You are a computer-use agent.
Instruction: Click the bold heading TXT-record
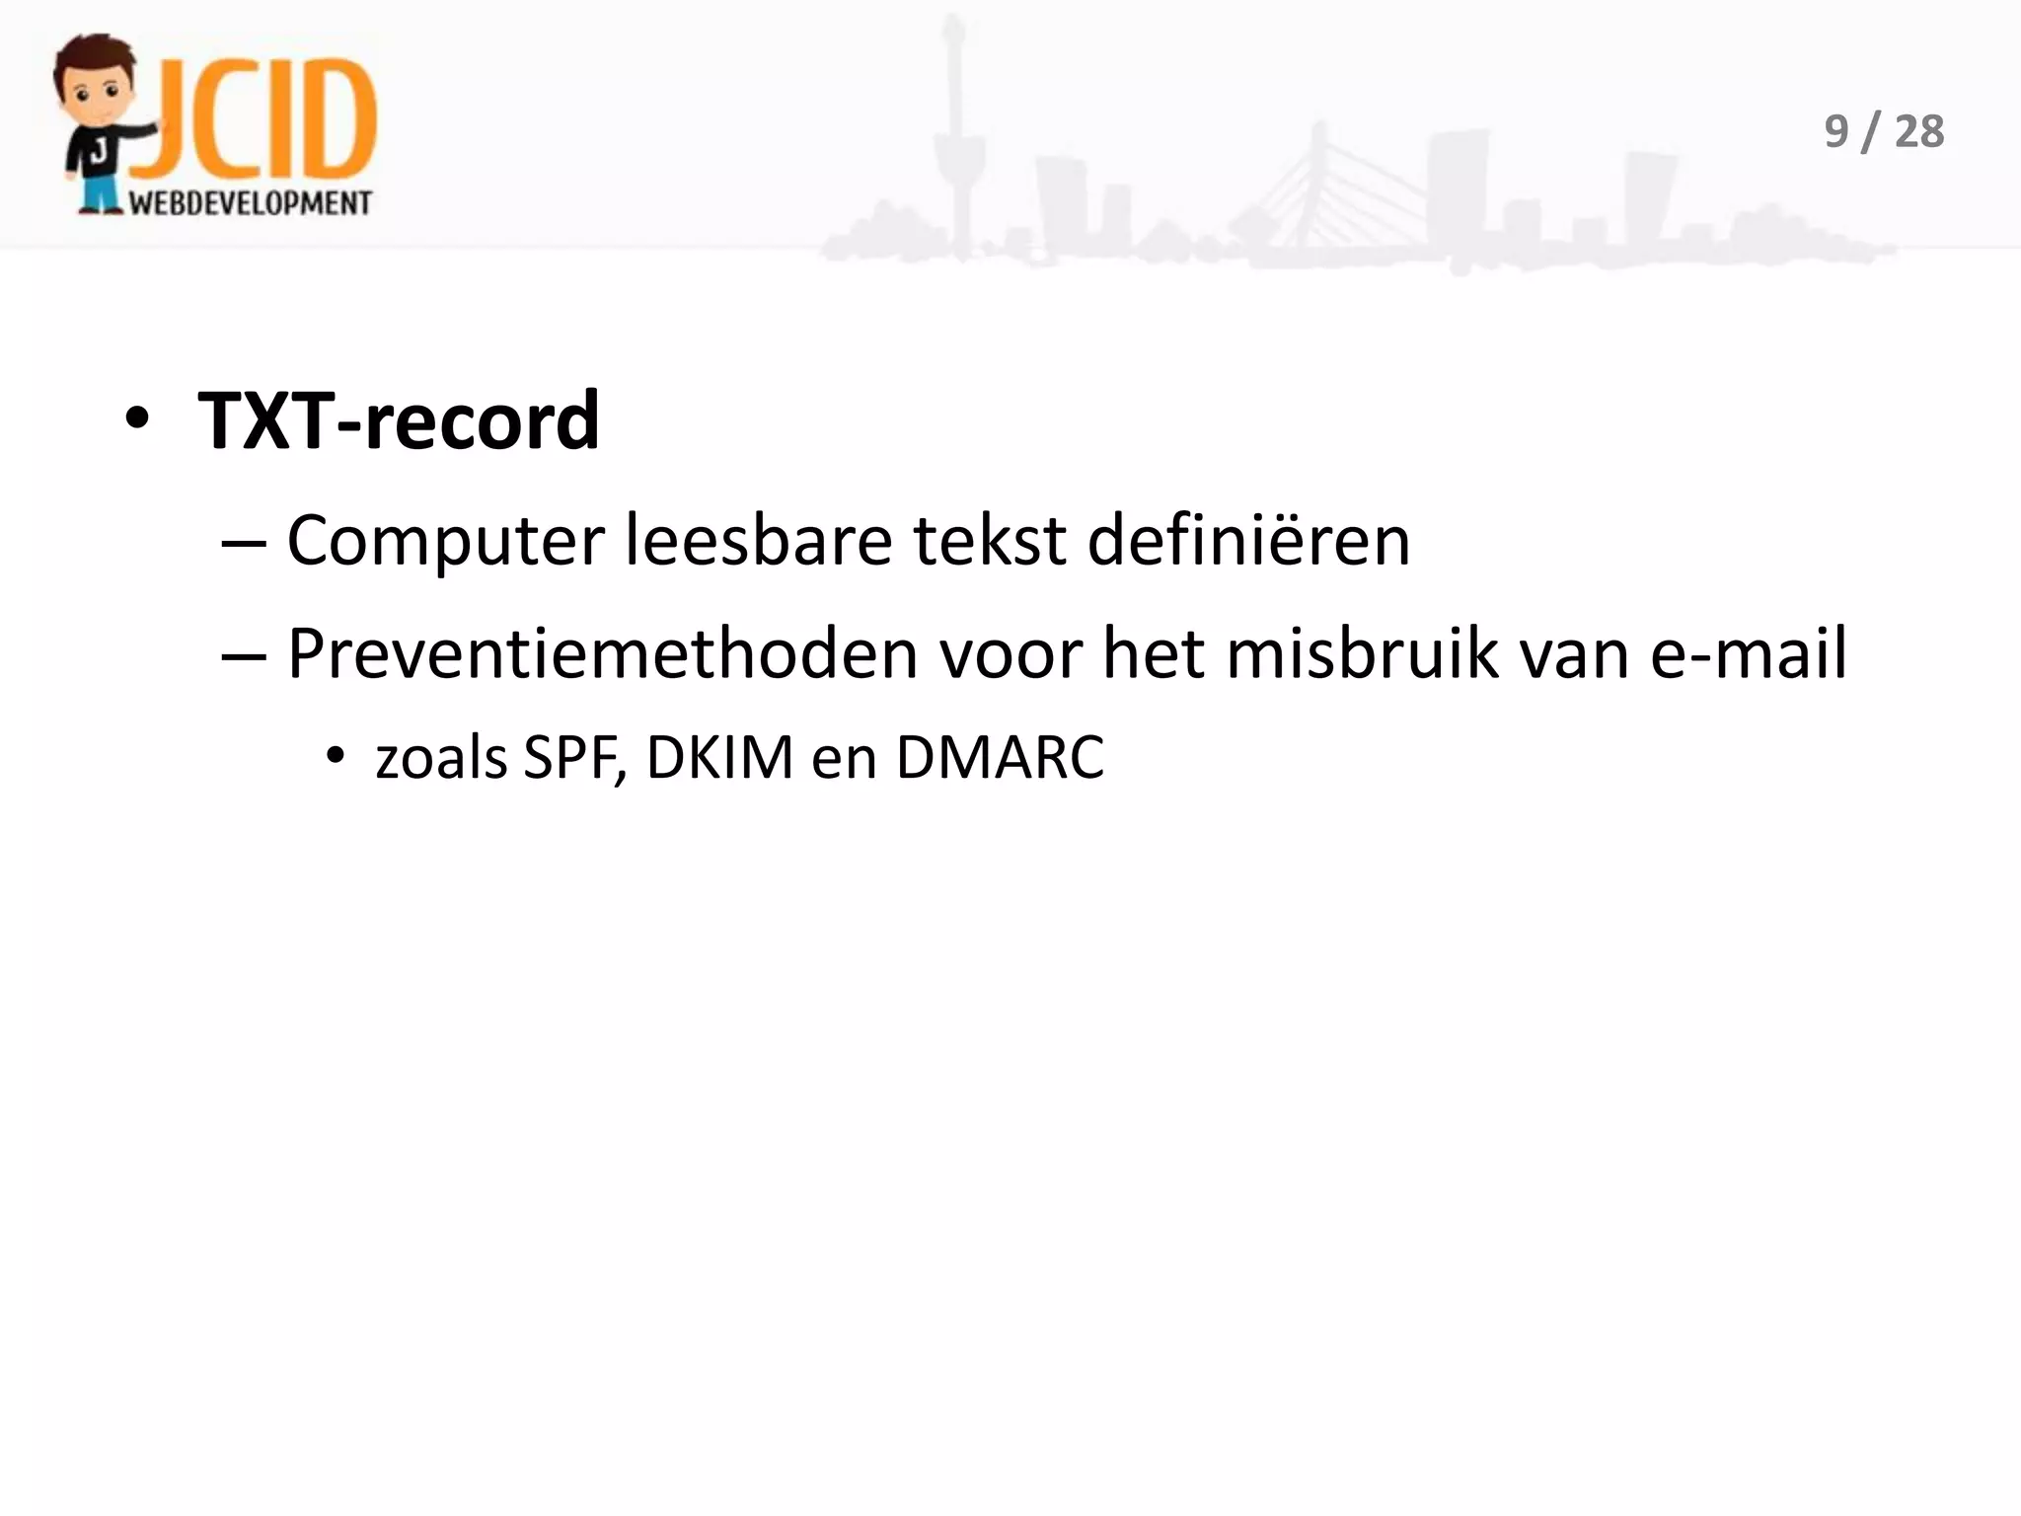point(399,422)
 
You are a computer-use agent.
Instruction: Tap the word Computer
point(445,543)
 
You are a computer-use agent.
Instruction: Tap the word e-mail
point(1748,654)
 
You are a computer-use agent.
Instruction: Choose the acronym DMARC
point(1000,759)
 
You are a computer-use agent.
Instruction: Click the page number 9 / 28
point(1883,132)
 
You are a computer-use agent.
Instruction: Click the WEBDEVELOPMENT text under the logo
point(251,203)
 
